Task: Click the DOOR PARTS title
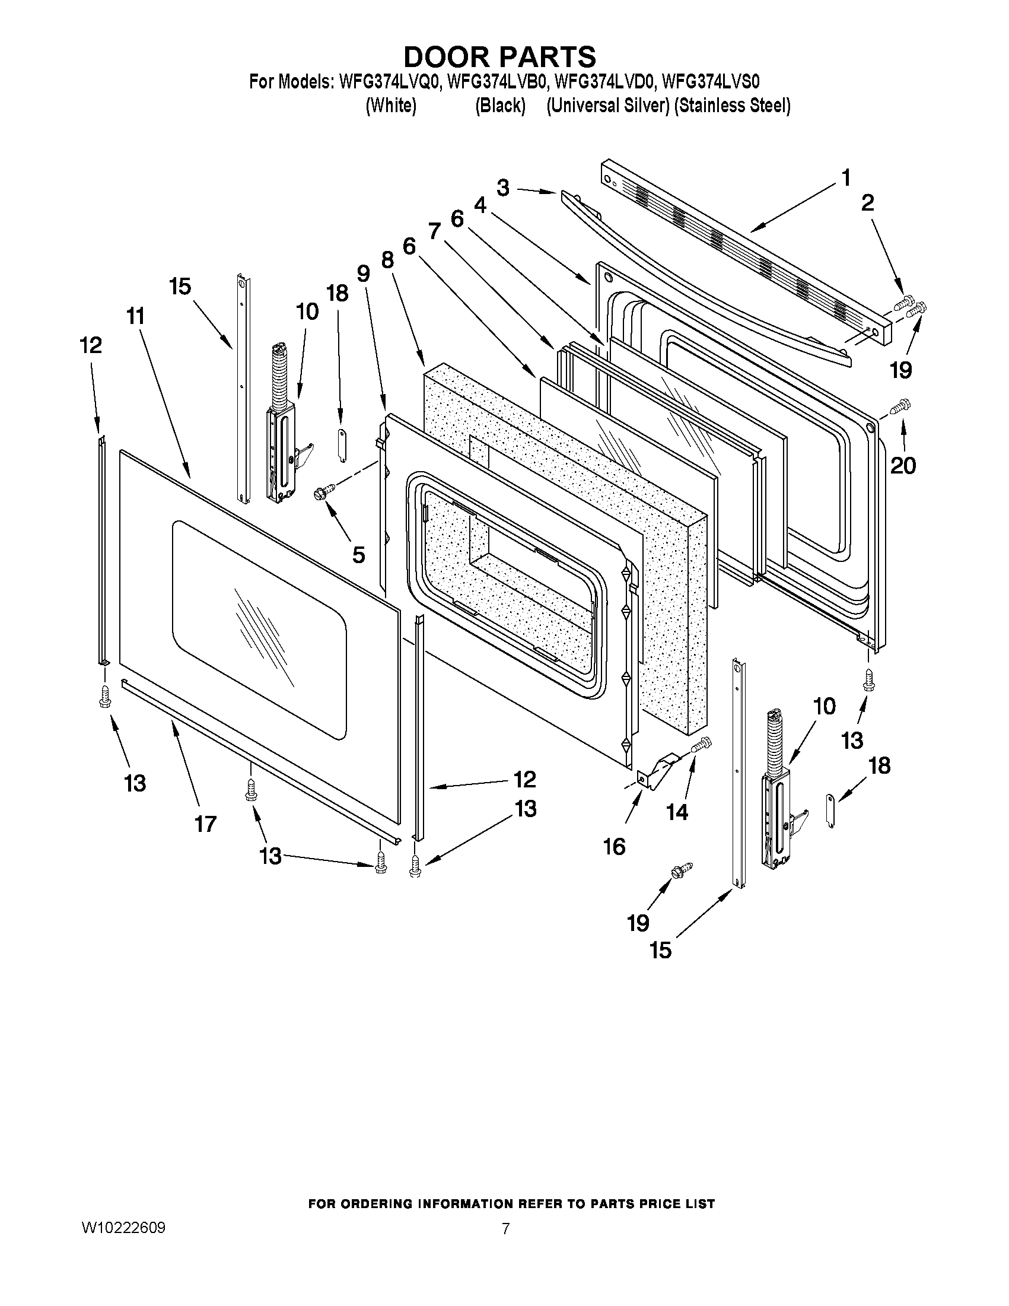tap(499, 57)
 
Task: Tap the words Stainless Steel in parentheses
tap(732, 106)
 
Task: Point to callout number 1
tap(846, 177)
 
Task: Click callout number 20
tap(903, 465)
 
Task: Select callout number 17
tap(205, 824)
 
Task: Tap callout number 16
tap(615, 847)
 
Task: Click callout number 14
tap(677, 812)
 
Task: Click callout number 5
tap(358, 555)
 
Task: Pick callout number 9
tap(364, 274)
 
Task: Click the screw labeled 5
tap(324, 492)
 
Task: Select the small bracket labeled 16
tap(656, 772)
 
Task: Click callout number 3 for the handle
tap(502, 188)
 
